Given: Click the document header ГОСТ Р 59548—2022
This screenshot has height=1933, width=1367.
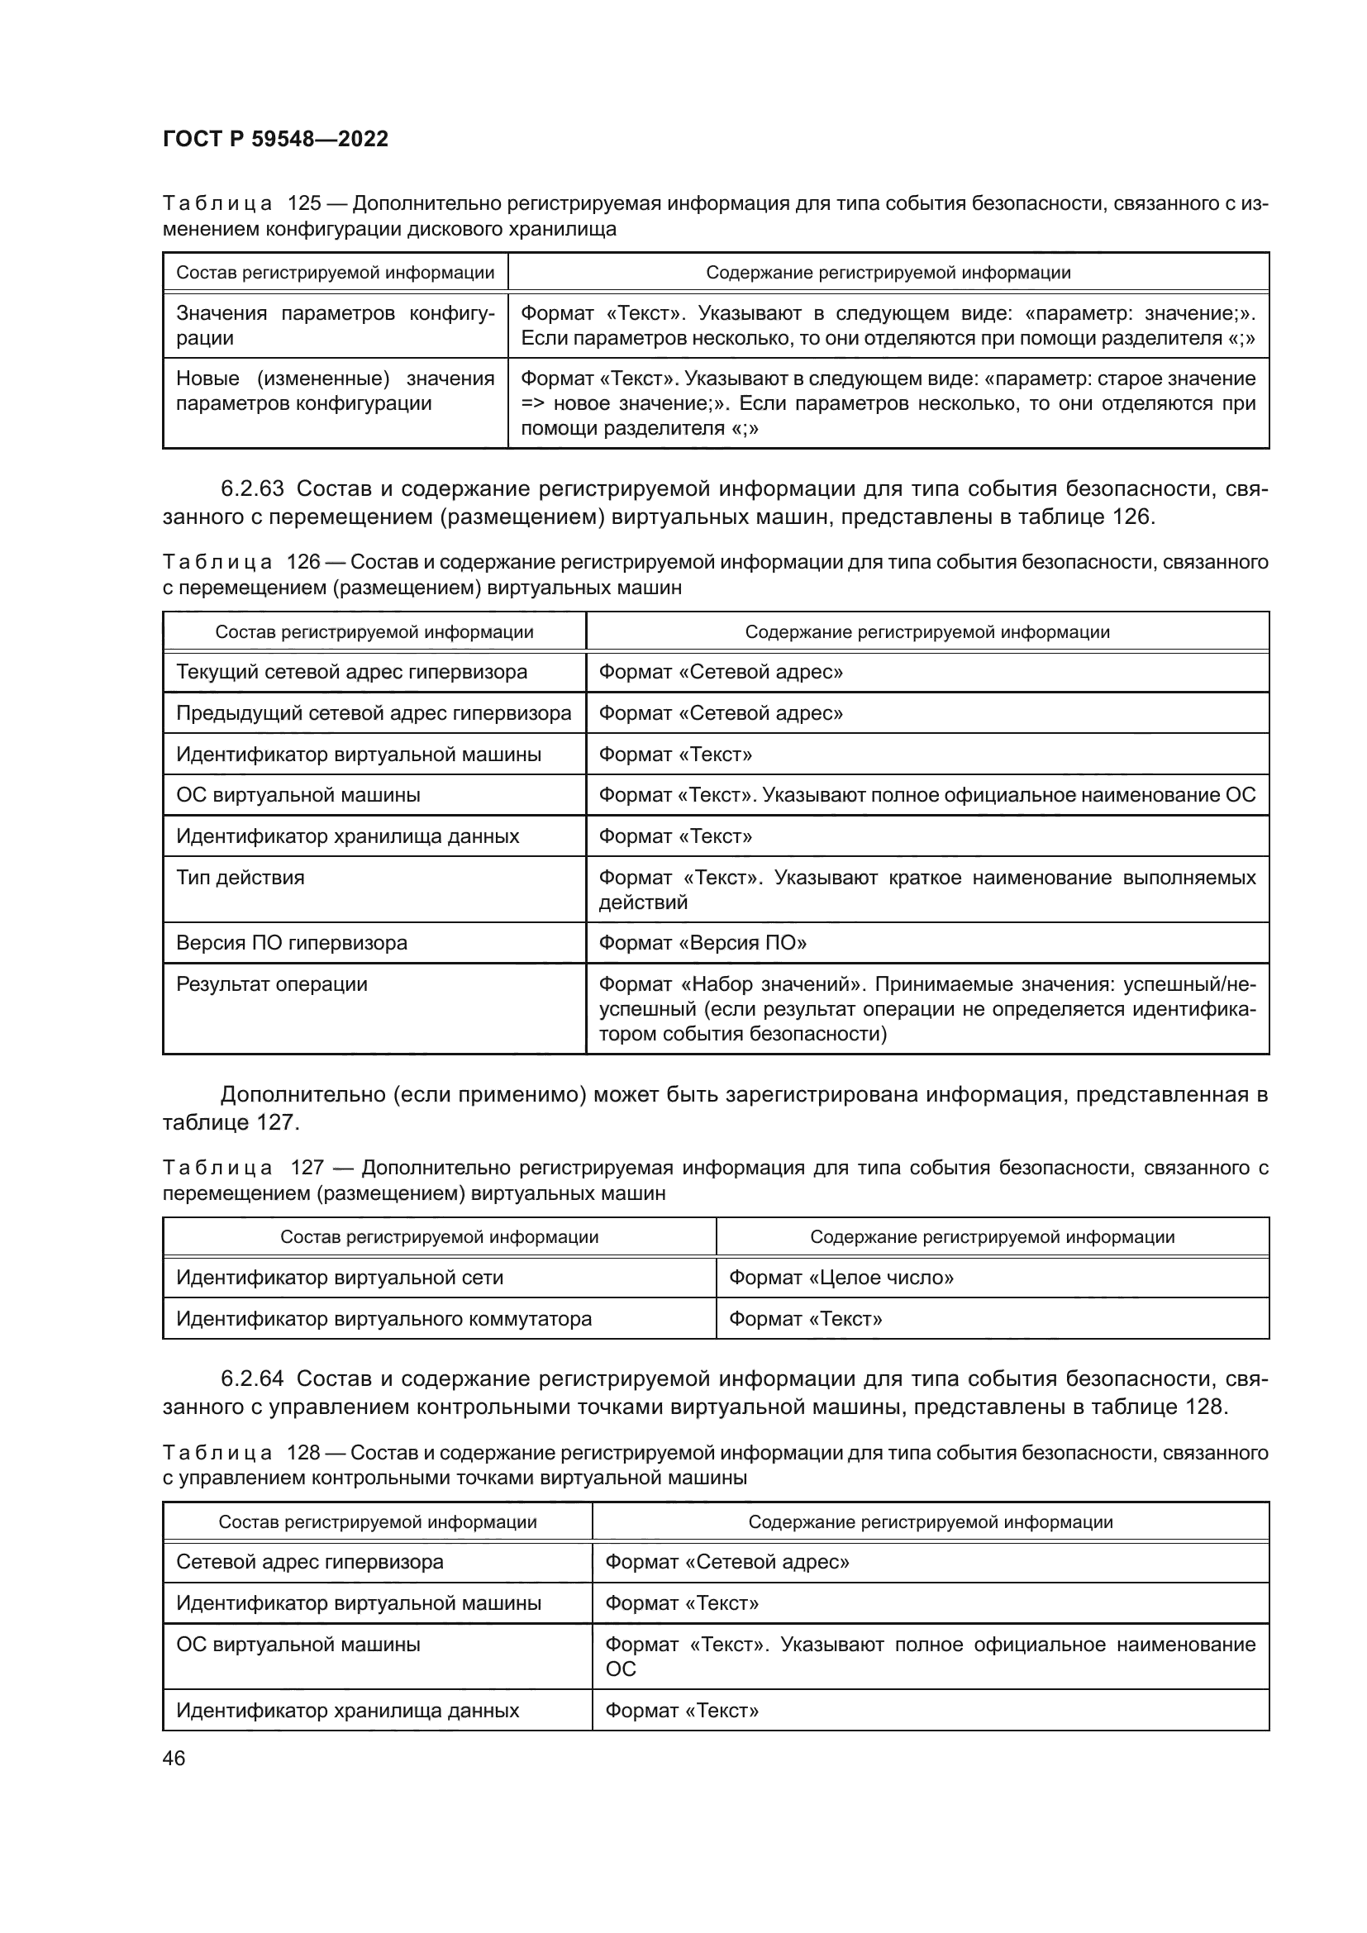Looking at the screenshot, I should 275,139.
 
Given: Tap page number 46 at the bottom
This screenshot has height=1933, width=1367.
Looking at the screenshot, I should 174,1758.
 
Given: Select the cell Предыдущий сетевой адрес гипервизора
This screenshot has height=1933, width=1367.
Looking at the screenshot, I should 373,713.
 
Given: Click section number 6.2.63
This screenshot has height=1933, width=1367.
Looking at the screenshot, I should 252,488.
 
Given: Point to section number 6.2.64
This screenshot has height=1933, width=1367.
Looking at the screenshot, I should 252,1378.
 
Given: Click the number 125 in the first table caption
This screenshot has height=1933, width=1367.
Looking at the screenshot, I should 304,204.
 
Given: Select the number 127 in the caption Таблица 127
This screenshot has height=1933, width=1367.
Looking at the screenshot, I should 307,1168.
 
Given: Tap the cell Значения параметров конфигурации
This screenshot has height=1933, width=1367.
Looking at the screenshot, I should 334,325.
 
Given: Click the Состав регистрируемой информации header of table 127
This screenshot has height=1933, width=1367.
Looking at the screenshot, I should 439,1237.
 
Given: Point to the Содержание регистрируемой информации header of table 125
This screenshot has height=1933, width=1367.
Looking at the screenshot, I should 887,272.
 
